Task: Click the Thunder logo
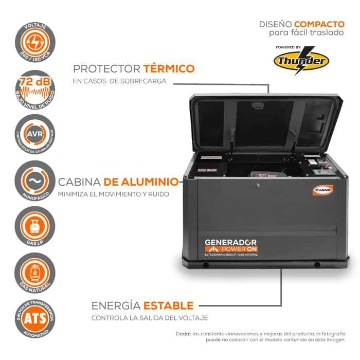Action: pyautogui.click(x=301, y=61)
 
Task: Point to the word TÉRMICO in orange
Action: pyautogui.click(x=169, y=68)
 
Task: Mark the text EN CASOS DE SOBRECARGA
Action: pyautogui.click(x=120, y=81)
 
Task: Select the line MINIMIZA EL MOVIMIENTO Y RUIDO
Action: pyautogui.click(x=113, y=194)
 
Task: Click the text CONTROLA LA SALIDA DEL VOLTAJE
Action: pyautogui.click(x=150, y=318)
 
